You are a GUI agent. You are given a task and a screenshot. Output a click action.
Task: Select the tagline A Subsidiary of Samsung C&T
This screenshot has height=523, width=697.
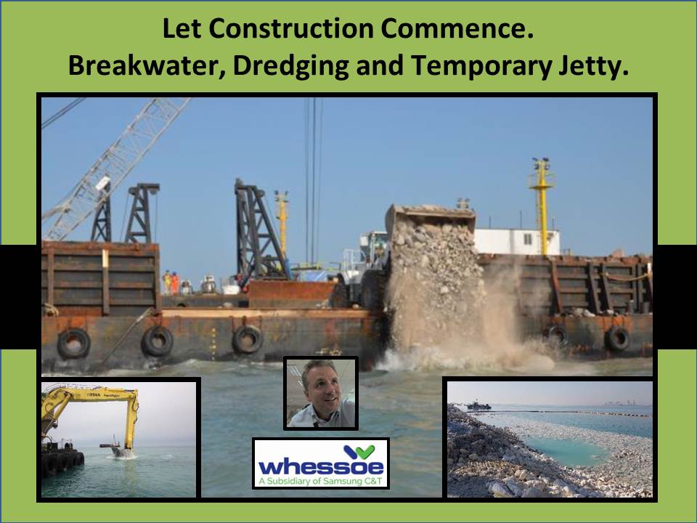[x=320, y=480]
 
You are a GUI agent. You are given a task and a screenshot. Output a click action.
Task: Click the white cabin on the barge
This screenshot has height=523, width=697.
[x=517, y=242]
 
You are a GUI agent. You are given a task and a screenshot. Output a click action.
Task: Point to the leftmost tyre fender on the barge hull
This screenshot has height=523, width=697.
[x=73, y=343]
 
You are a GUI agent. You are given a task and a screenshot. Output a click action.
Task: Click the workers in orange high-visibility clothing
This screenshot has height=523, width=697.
[x=171, y=281]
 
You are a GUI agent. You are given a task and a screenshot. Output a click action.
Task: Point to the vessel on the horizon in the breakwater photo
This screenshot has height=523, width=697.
[x=479, y=405]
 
